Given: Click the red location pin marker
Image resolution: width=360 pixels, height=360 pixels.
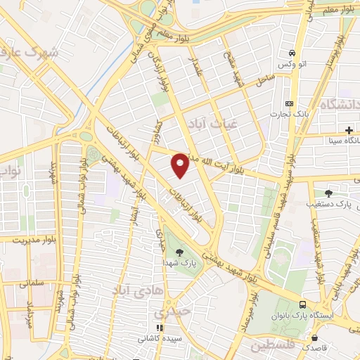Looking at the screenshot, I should click(x=180, y=165).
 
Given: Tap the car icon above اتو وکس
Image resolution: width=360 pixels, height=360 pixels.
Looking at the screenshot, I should click(x=291, y=53).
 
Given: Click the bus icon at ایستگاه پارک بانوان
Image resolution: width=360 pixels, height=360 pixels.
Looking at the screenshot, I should click(x=302, y=304).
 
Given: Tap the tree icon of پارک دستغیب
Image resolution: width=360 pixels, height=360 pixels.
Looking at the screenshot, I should click(x=329, y=193).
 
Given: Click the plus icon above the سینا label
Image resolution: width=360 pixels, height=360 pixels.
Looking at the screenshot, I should click(x=349, y=130).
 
